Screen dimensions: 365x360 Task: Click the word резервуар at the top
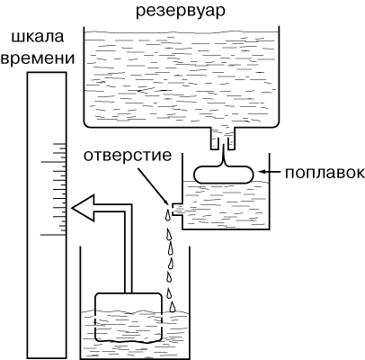181,12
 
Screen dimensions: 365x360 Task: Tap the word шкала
38,37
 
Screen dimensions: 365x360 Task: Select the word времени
38,58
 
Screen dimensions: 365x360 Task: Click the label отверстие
128,156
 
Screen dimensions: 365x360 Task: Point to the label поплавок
325,173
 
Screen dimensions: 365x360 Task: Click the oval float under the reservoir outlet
224,175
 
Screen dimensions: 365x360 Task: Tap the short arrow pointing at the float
270,172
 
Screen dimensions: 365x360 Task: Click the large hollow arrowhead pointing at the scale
83,208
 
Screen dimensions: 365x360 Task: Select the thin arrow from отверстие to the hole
153,184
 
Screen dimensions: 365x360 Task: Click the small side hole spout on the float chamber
177,210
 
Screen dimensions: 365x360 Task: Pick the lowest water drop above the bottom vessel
172,307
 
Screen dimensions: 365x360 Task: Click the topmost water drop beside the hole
168,215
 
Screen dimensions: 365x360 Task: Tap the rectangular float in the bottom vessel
129,318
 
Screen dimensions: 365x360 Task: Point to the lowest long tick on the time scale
53,235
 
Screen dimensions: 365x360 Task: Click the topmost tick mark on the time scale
59,144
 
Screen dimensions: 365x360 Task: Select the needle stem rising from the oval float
224,155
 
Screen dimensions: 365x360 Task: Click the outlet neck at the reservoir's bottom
223,139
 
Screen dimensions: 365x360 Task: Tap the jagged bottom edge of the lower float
129,341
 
